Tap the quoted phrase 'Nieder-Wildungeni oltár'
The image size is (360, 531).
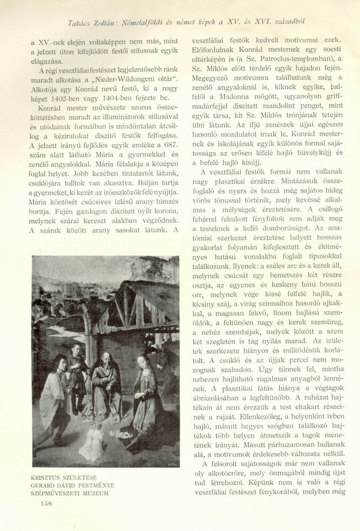pyautogui.click(x=132, y=79)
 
